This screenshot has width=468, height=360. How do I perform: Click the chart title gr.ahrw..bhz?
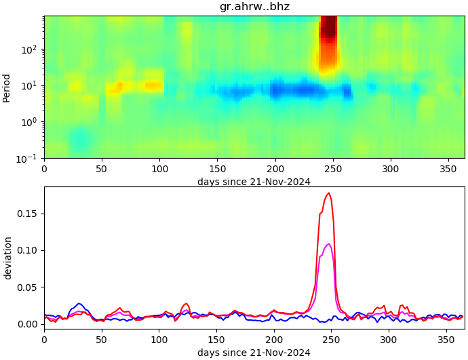[254, 7]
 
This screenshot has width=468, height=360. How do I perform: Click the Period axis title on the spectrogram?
[7, 87]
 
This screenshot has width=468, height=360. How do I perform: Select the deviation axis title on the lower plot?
[7, 258]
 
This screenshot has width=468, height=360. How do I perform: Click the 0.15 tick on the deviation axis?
[29, 214]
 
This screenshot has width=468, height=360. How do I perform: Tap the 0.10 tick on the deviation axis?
[29, 250]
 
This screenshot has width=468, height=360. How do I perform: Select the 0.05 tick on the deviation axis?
[29, 287]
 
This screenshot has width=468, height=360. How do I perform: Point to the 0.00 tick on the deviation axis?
[29, 324]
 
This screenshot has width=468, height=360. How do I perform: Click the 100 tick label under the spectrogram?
[159, 168]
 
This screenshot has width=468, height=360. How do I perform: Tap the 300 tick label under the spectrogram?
[390, 168]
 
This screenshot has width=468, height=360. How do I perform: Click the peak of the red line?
[329, 193]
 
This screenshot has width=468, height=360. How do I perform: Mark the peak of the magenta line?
[329, 244]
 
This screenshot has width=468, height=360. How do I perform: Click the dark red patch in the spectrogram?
[328, 27]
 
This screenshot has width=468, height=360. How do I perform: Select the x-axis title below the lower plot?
[254, 353]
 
